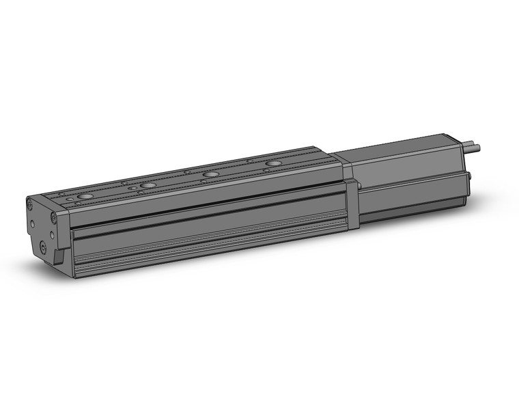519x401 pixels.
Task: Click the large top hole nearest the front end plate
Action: pos(85,196)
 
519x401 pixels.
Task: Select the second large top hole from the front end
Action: pos(148,185)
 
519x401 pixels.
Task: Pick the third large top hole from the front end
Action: pos(210,174)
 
